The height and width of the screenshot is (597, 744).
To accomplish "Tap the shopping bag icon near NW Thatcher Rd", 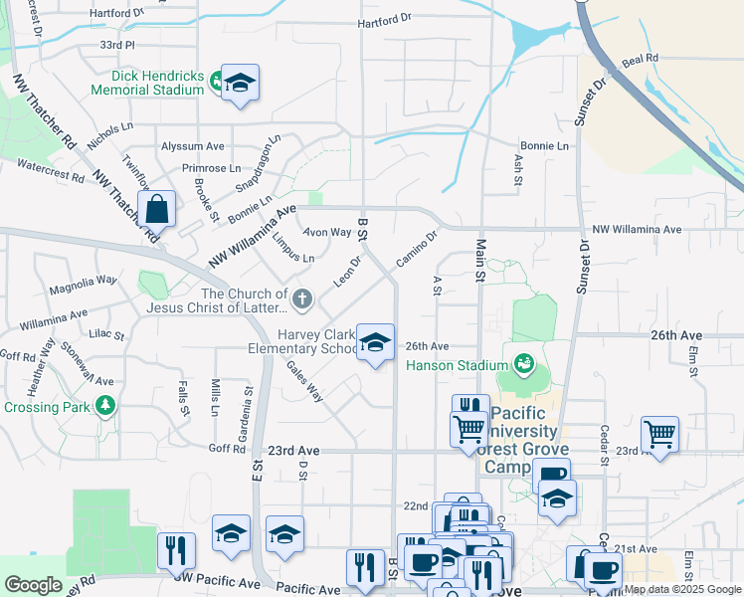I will [x=157, y=210].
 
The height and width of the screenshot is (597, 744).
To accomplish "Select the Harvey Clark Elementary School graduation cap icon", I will [x=374, y=343].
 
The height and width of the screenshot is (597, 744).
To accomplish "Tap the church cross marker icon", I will [x=303, y=298].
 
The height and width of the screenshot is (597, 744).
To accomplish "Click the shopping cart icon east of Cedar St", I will [x=659, y=434].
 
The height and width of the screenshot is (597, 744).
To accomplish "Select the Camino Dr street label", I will [x=416, y=250].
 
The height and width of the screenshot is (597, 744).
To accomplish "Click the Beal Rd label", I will [x=640, y=60].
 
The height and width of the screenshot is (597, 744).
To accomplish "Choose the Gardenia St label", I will [x=247, y=393].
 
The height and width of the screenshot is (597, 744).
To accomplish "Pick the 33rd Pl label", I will [x=116, y=46].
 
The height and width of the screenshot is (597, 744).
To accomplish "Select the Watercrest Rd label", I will [x=51, y=169].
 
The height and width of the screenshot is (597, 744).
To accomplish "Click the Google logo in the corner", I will [x=33, y=585].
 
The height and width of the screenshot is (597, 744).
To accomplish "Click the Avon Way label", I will [x=327, y=233].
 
